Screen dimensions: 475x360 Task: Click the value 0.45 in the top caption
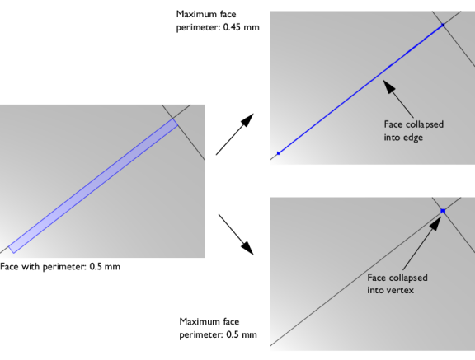tap(232, 27)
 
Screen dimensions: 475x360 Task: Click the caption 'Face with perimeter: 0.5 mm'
tap(60, 267)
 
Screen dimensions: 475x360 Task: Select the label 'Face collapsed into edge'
tap(414, 131)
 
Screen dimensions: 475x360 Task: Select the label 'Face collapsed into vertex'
tap(397, 283)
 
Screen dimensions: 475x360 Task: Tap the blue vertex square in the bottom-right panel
tap(443, 211)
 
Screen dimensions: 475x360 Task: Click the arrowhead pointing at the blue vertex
tap(436, 223)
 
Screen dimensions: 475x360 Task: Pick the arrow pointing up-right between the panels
tap(235, 134)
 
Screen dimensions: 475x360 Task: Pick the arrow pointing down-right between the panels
tap(236, 235)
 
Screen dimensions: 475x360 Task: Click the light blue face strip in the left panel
tap(93, 185)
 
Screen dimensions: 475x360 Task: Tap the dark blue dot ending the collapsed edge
tap(443, 25)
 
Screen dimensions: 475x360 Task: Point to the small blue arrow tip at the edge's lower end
tap(279, 153)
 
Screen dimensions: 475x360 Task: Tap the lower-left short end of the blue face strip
tap(12, 249)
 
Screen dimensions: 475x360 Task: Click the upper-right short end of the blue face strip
tap(175, 123)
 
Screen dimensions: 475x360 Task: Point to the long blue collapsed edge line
tap(360, 89)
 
